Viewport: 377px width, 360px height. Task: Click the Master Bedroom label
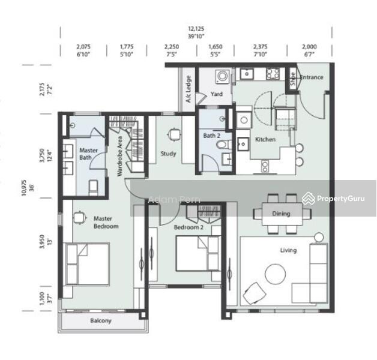pyautogui.click(x=106, y=223)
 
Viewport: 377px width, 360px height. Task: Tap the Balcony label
pyautogui.click(x=101, y=321)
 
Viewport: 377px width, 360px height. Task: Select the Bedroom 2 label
pyautogui.click(x=188, y=228)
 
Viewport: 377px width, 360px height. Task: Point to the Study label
pyautogui.click(x=169, y=154)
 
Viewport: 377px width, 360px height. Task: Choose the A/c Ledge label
pyautogui.click(x=188, y=89)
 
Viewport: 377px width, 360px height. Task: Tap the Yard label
pyautogui.click(x=217, y=94)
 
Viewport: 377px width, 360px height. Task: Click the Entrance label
pyautogui.click(x=312, y=77)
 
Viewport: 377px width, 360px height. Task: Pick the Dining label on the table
pyautogui.click(x=281, y=214)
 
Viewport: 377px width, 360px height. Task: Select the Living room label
pyautogui.click(x=288, y=250)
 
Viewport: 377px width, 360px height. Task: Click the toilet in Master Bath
pyautogui.click(x=94, y=188)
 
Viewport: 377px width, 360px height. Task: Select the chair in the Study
pyautogui.click(x=174, y=136)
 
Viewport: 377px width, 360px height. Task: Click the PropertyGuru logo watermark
pyautogui.click(x=337, y=197)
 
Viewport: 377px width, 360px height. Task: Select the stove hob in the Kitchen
pyautogui.click(x=272, y=74)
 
